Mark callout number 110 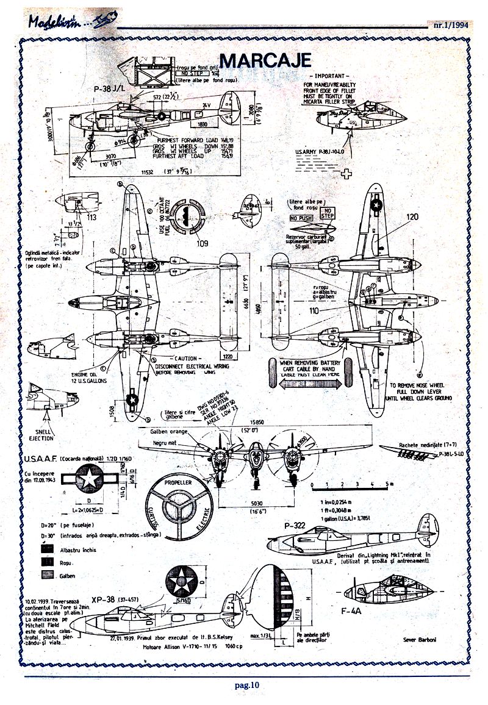click(314, 310)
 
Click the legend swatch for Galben click(46, 575)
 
